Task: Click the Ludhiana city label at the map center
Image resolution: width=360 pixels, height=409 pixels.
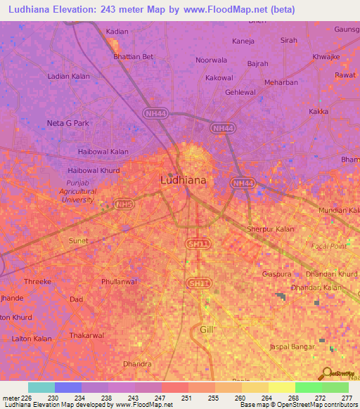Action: tap(184, 180)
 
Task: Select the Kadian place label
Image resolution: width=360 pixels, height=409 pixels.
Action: tap(117, 32)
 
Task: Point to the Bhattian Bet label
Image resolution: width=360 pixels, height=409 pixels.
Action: tap(133, 56)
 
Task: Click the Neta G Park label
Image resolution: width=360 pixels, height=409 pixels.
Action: tap(68, 123)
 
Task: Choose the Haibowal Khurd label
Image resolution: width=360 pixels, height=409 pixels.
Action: tap(94, 170)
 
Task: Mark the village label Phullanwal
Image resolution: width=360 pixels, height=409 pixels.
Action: tap(119, 282)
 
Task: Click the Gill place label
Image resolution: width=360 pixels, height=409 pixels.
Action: tap(206, 329)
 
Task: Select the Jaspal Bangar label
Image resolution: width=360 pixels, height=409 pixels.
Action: tap(294, 348)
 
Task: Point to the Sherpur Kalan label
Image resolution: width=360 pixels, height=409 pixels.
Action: tap(271, 229)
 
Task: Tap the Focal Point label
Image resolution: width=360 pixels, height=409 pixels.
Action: tap(328, 247)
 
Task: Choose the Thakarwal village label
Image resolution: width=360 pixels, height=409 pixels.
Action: tap(87, 336)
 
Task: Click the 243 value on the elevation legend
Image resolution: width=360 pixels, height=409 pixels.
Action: tap(135, 398)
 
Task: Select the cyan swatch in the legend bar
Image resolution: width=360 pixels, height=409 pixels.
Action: tap(41, 387)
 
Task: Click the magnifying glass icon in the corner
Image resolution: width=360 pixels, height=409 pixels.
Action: tap(326, 373)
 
